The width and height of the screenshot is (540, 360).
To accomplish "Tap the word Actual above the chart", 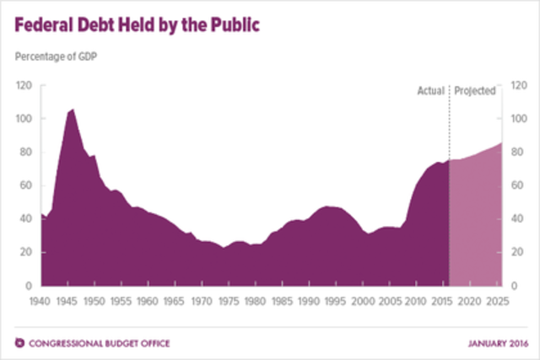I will click(431, 90).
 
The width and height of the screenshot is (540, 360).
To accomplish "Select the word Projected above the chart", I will click(474, 90).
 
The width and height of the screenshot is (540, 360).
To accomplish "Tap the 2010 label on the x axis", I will click(417, 300).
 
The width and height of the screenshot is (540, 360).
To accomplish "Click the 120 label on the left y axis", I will click(24, 86).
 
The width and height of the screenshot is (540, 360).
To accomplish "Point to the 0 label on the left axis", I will click(30, 286).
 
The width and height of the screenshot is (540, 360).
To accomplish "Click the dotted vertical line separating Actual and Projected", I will click(449, 126).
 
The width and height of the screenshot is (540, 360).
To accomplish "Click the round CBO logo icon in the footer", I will click(19, 342).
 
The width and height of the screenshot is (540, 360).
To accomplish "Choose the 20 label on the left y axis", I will click(27, 252).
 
